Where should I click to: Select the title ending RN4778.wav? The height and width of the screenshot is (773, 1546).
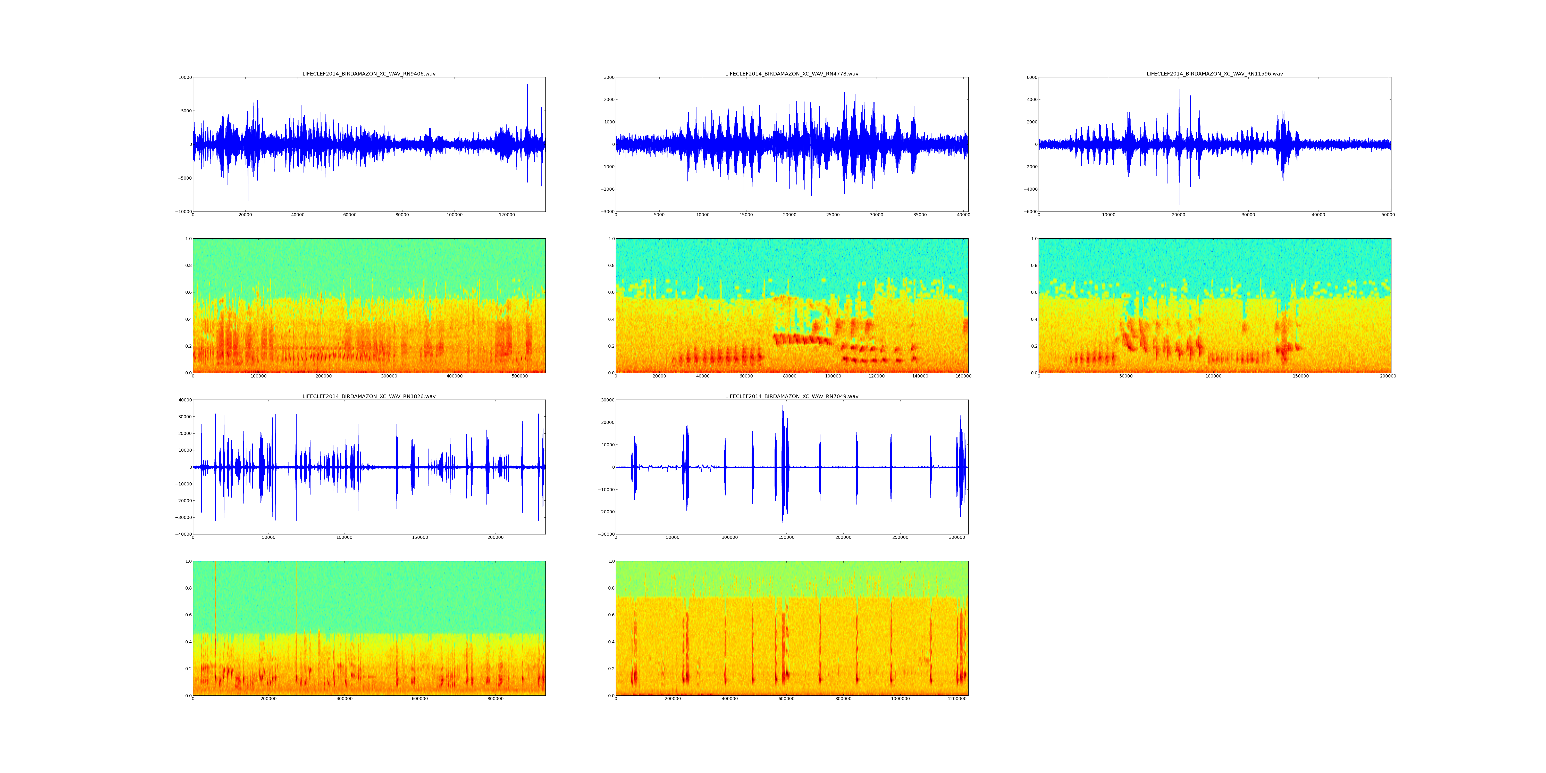point(792,74)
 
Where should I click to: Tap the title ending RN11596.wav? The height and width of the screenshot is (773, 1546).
point(1215,74)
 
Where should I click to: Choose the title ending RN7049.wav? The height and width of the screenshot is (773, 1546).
point(792,397)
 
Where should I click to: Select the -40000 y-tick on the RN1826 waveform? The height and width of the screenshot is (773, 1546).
point(183,534)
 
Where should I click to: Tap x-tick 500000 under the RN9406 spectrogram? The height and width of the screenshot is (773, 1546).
point(520,376)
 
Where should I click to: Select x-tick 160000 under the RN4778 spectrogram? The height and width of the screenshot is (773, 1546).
point(963,376)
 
